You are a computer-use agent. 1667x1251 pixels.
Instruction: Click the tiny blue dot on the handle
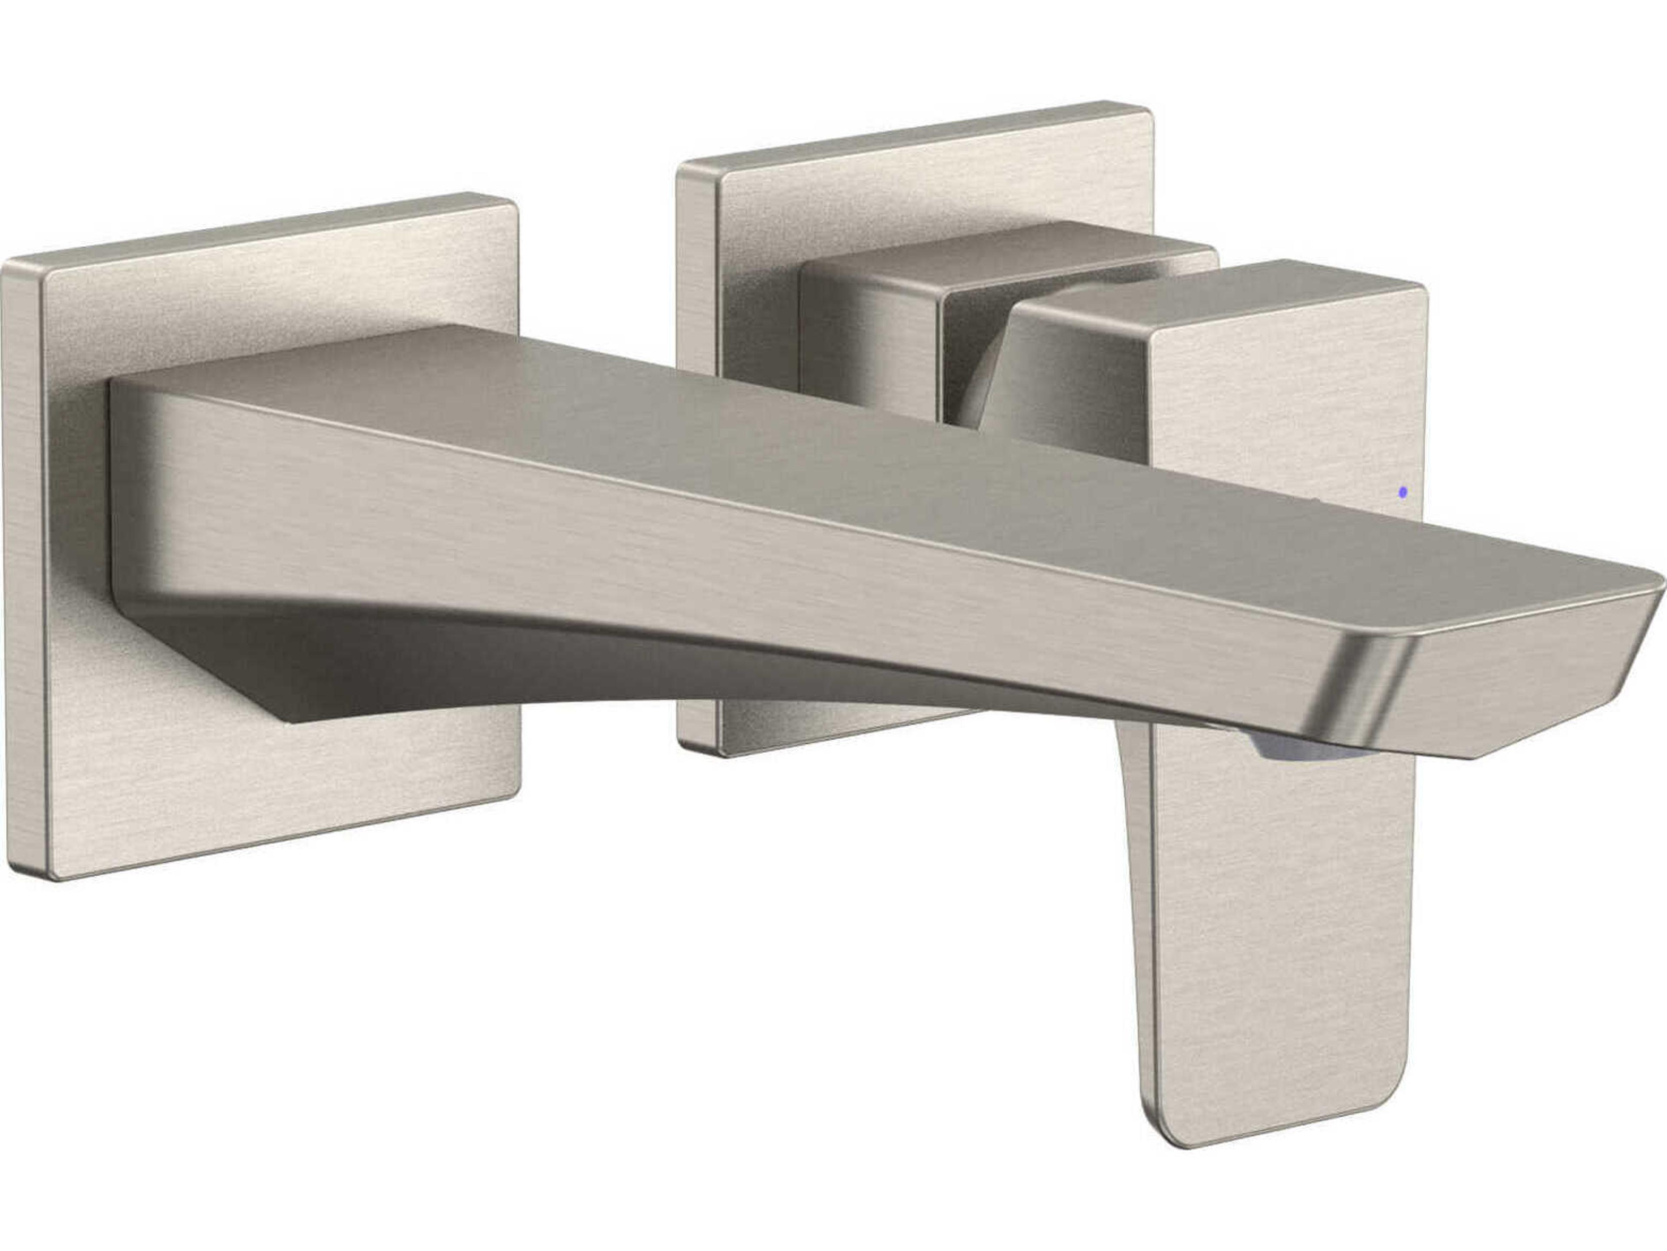1403,492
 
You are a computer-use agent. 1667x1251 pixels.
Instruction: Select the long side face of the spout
678,558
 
